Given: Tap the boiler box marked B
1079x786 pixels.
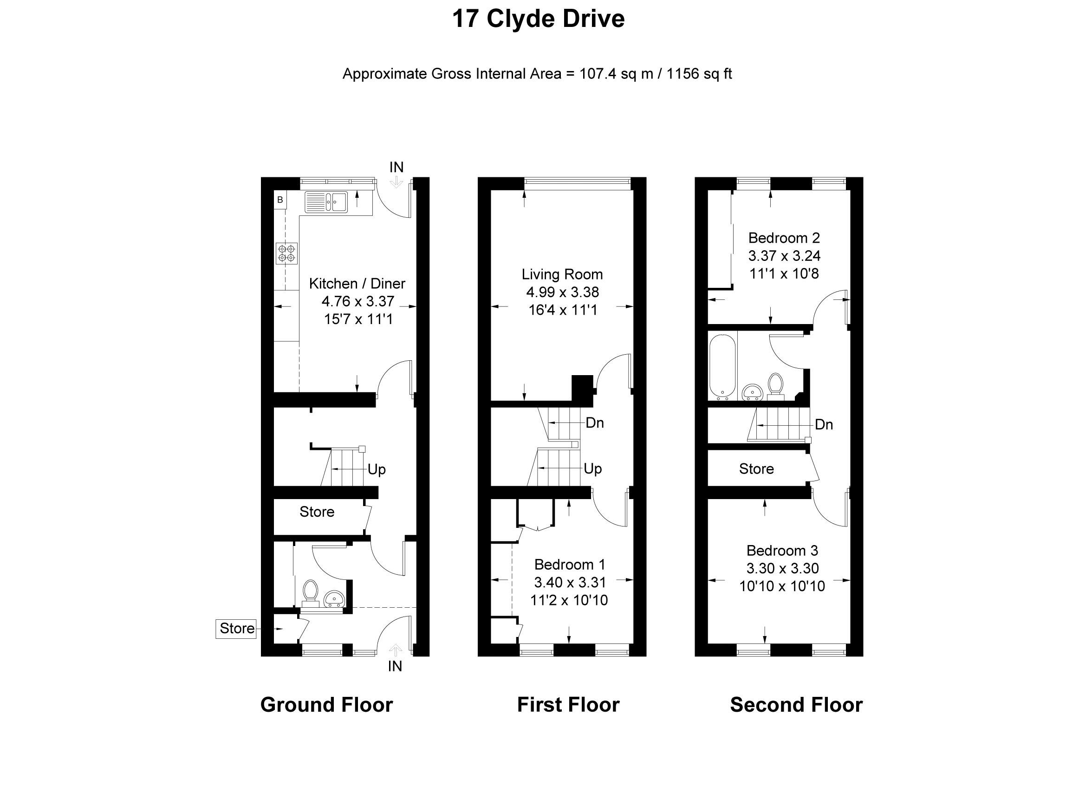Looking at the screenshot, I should tap(280, 200).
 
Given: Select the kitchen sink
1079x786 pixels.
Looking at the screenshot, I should tap(326, 202).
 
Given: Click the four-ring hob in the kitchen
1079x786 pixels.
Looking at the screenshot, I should tap(287, 253).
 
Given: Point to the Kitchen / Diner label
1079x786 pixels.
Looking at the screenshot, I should tap(357, 284).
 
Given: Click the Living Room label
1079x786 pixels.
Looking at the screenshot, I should tap(562, 274).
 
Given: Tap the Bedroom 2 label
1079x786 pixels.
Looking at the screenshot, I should tap(784, 238).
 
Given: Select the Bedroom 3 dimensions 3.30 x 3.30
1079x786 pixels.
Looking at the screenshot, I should tap(782, 568).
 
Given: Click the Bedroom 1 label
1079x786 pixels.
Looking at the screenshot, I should tap(570, 564).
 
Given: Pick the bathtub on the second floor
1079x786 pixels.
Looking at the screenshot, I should tap(722, 365).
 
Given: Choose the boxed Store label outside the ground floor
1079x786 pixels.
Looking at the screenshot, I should tap(236, 629).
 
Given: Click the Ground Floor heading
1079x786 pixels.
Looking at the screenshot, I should tap(326, 705).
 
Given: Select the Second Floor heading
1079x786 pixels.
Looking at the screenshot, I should tap(796, 705).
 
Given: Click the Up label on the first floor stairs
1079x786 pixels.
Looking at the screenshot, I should tap(593, 468).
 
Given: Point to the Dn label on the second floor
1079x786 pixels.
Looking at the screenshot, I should tap(824, 424).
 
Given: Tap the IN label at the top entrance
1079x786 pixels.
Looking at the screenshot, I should tap(396, 168).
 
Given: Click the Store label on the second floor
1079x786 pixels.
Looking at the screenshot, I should tap(756, 468).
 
